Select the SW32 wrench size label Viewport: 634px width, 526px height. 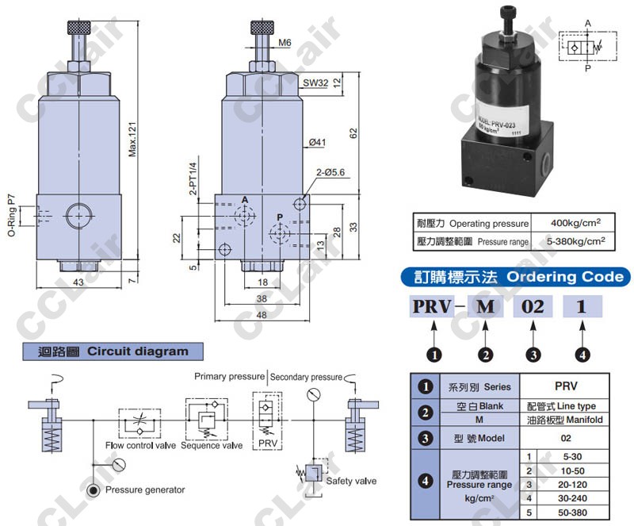(x=315, y=83)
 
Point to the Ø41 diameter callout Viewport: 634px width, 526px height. (x=318, y=142)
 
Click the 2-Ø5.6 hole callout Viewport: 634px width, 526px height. (x=331, y=171)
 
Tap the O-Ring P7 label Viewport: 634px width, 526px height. (x=12, y=215)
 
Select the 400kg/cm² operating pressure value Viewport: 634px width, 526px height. (x=567, y=223)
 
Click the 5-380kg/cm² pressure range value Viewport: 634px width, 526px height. (x=567, y=240)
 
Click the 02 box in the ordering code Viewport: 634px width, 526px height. (x=533, y=306)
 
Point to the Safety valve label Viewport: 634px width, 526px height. (x=352, y=481)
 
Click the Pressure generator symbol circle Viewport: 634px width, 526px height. (x=94, y=490)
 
